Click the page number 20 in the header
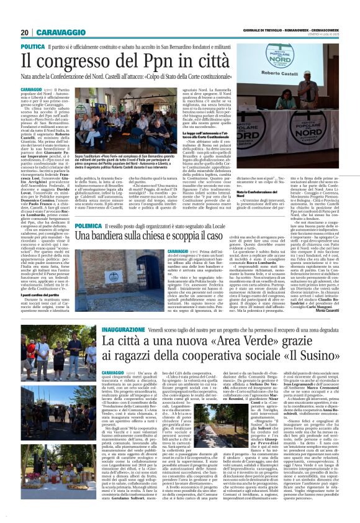pyautogui.click(x=25, y=32)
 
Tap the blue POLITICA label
pyautogui.click(x=32, y=47)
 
